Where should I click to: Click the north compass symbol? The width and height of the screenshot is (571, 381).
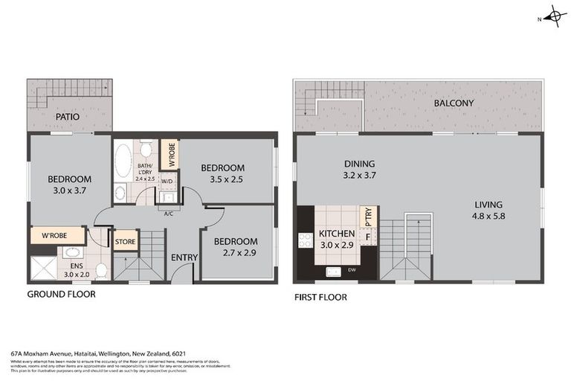554,16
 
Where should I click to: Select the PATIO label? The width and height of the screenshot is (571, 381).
67,117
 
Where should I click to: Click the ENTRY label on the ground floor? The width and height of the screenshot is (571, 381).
184,257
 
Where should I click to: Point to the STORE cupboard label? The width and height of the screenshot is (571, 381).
124,240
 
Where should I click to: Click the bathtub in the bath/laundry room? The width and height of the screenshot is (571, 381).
121,159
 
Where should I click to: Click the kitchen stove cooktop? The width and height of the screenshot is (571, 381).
305,240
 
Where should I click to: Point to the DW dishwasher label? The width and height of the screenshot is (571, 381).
352,270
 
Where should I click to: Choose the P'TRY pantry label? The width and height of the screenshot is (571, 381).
367,217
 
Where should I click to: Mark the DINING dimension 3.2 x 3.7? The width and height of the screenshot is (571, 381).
359,177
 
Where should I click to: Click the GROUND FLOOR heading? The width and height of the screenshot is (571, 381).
61,294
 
